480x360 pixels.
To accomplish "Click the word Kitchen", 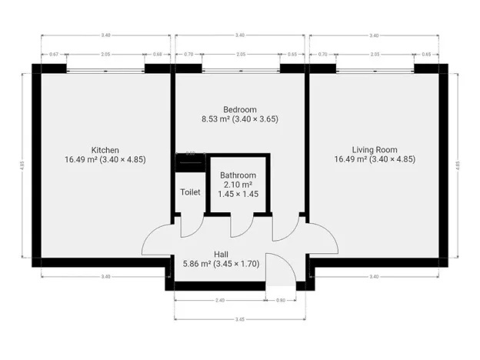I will pyautogui.click(x=105, y=149).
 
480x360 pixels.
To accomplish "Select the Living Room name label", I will pyautogui.click(x=374, y=149).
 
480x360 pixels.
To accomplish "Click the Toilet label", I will pyautogui.click(x=190, y=192).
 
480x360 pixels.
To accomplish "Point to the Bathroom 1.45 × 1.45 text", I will pyautogui.click(x=238, y=194).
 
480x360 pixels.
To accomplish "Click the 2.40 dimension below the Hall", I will pyautogui.click(x=219, y=300).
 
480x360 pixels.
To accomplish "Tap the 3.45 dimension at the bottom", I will pyautogui.click(x=240, y=318).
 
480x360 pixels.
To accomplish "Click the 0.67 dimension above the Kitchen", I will pyautogui.click(x=53, y=55).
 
